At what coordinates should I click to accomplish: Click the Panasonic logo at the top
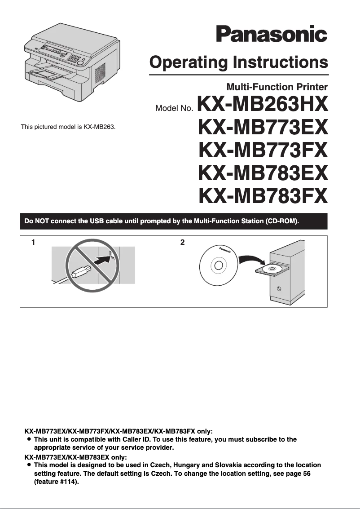pos(272,34)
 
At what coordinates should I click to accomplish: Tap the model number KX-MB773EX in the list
pos(263,128)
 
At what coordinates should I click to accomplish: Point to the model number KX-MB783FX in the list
pos(263,196)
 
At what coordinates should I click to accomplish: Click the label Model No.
pos(174,109)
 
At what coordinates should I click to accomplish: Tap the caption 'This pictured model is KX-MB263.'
pos(68,127)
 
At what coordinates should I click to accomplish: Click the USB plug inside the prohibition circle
pos(81,272)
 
